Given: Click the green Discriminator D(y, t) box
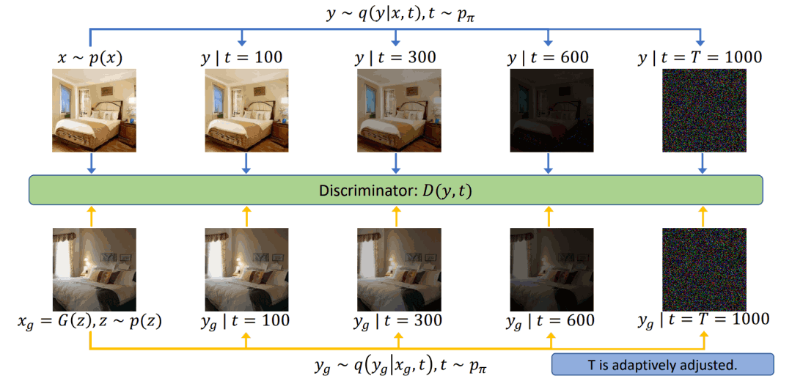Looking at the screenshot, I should point(396,191).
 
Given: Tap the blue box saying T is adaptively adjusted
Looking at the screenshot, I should point(662,364).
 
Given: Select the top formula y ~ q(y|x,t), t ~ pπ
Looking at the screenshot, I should point(396,14).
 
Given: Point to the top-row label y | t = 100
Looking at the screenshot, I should point(243,57).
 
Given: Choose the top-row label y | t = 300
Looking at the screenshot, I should point(396,57).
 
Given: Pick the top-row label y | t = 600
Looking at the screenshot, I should point(548,57).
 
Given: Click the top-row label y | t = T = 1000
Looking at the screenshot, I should point(702,57).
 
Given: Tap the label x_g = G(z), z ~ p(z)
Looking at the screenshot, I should point(90,321).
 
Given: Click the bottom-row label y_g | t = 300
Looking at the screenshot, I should point(398,321).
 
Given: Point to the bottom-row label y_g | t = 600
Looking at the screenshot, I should point(550,321).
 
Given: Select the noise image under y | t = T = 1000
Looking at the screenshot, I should point(702,111).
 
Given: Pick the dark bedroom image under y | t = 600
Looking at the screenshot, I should point(548,111).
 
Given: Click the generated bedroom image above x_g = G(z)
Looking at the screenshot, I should point(91,270).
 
